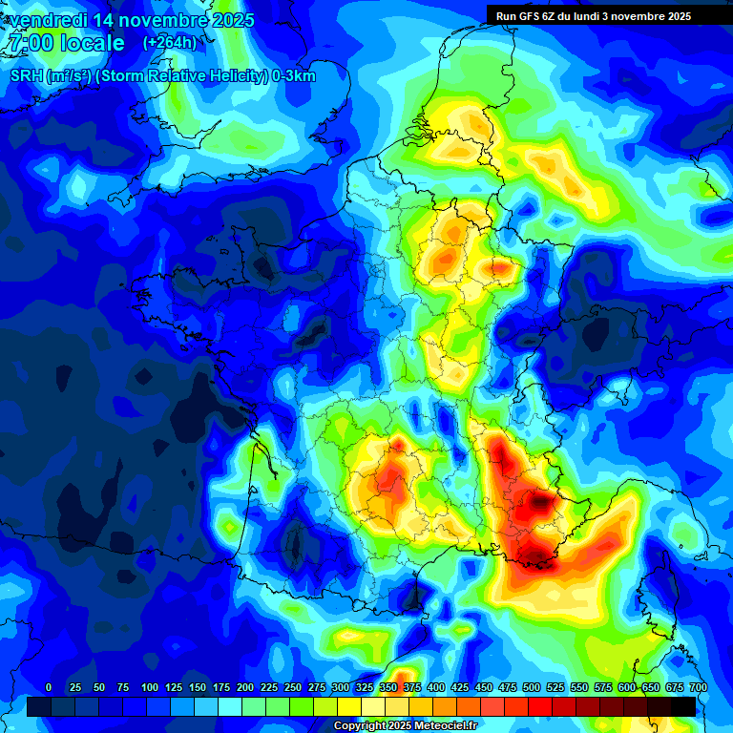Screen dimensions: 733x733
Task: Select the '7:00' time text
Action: click(30, 43)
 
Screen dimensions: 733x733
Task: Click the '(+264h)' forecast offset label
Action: click(169, 43)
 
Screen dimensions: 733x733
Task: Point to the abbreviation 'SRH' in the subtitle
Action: click(26, 76)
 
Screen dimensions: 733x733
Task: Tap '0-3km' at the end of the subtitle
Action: click(294, 76)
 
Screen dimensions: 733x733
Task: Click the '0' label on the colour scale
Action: click(49, 687)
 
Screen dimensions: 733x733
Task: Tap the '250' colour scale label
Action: click(293, 687)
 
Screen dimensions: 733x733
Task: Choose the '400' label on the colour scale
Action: click(436, 687)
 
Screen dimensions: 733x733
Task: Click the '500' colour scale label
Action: click(532, 687)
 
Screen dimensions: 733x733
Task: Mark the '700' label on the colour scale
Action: click(698, 687)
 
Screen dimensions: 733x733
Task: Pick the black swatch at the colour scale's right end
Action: click(683, 706)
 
